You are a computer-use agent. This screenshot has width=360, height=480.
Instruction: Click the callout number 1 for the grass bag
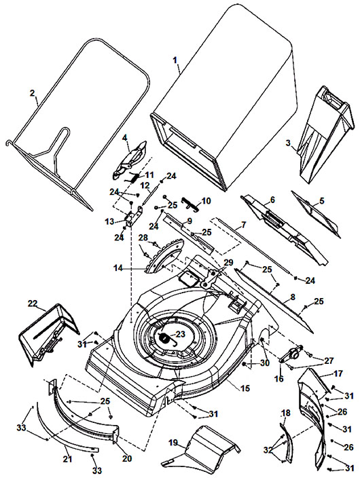175,60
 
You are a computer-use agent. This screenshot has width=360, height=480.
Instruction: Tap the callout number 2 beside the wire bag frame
33,93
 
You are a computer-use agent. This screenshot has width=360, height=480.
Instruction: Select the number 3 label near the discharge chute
288,143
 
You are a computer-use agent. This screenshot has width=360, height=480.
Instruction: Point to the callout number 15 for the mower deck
245,388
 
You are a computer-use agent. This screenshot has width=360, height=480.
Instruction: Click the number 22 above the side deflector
33,303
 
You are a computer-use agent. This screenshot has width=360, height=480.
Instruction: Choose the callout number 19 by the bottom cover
173,443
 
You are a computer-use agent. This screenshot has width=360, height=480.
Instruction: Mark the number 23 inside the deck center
181,334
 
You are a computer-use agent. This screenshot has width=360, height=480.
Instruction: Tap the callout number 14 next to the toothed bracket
118,268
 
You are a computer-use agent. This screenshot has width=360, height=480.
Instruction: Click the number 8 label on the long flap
293,297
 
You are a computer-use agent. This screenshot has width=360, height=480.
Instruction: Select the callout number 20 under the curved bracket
127,458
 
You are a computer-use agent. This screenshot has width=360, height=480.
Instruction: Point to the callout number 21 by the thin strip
67,458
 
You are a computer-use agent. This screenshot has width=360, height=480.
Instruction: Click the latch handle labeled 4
130,160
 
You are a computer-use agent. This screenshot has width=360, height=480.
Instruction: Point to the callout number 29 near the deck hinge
228,263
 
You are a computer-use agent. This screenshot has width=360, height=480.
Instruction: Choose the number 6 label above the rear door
272,200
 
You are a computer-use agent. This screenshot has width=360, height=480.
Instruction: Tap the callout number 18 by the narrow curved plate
285,413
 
